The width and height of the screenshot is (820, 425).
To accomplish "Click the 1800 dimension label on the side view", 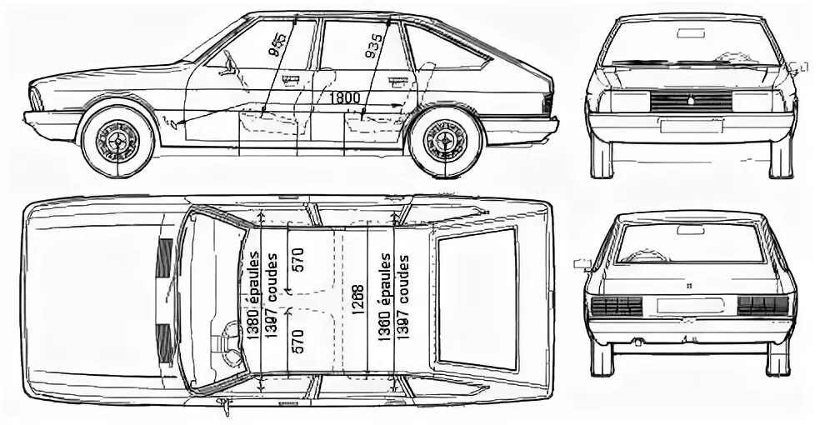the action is [345, 97].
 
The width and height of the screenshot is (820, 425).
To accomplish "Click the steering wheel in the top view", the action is [226, 342].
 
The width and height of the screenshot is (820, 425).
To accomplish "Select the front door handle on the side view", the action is [291, 81].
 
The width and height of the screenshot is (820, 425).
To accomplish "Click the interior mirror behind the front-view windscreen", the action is [690, 33].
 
